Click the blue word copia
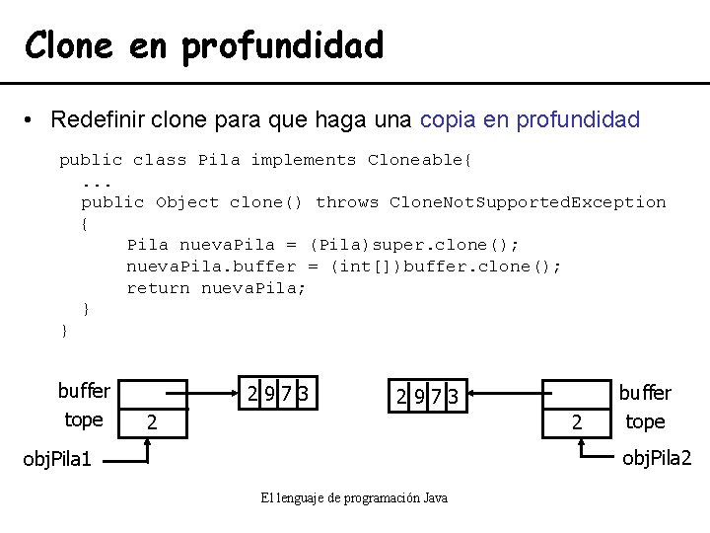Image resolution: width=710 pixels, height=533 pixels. (x=449, y=120)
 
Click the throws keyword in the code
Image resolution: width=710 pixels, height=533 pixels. (x=347, y=202)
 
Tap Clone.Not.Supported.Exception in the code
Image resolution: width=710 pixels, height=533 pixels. (x=528, y=202)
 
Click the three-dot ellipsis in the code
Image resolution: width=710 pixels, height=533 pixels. (x=97, y=182)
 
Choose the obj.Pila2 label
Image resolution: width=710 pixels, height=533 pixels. (x=658, y=457)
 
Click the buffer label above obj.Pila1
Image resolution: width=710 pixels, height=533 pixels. (x=84, y=391)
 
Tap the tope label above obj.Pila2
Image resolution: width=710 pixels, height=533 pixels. (x=645, y=421)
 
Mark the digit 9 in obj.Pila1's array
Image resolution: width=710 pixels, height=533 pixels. (x=270, y=395)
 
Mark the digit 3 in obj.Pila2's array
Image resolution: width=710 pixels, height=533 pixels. (x=453, y=397)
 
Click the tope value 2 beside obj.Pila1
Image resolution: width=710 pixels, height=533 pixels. (x=151, y=422)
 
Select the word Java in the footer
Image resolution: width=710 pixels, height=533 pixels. (x=435, y=498)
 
